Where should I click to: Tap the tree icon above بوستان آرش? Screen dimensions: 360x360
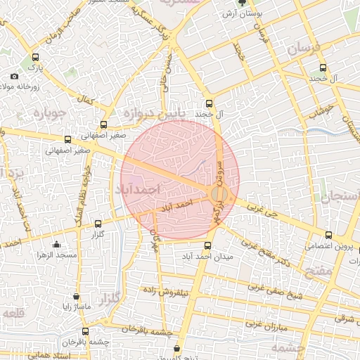coord(243,3)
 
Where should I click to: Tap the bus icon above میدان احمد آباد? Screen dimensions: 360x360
coord(207,246)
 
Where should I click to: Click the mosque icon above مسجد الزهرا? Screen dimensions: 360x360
coord(56,245)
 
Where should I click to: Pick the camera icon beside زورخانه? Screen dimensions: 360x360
coord(15,76)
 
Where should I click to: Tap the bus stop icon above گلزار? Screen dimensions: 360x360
coord(97,224)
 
